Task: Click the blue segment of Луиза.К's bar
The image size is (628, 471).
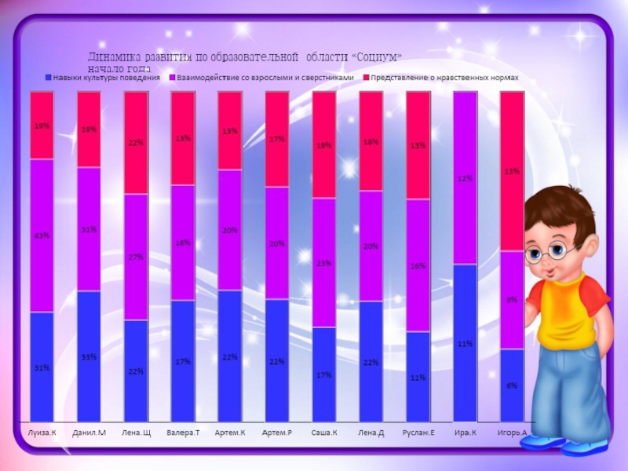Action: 42,367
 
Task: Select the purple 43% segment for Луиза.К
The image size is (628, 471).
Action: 42,235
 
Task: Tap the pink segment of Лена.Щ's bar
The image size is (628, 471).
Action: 136,143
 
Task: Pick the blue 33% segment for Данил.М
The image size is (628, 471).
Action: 89,356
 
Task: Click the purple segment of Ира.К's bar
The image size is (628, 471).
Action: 466,178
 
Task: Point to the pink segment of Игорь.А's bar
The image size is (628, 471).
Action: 512,171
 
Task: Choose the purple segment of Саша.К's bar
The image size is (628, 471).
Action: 324,262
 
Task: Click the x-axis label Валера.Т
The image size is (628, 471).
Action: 183,433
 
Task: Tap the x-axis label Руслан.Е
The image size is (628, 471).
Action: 418,433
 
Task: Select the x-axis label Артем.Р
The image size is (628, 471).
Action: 277,433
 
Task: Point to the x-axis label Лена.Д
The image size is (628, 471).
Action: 371,433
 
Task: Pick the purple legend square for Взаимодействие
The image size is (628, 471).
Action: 171,78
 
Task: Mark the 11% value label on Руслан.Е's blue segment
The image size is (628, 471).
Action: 418,378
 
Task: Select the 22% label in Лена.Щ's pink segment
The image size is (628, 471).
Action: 135,143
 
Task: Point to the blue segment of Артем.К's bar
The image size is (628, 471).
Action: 230,356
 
